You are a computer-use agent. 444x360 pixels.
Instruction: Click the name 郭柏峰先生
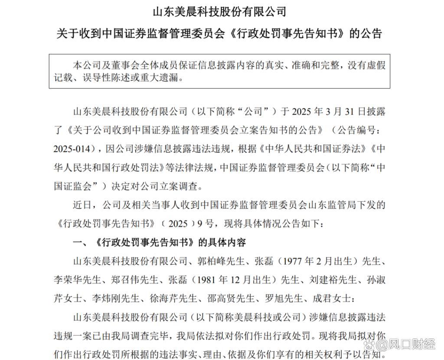point(219,261)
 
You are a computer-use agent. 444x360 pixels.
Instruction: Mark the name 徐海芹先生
point(173,298)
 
